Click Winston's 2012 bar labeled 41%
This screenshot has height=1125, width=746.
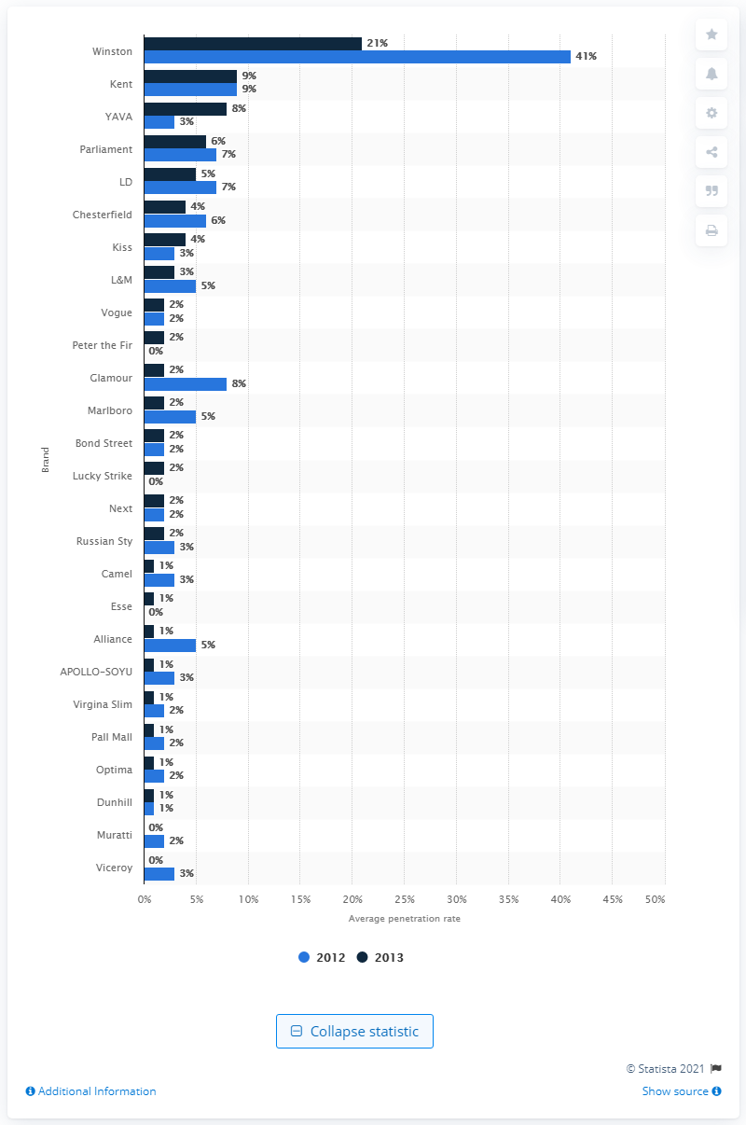coord(357,57)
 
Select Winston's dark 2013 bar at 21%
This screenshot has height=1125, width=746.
coord(253,43)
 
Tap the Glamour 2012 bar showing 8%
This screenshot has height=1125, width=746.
coord(185,383)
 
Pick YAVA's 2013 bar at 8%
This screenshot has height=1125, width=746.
coord(185,108)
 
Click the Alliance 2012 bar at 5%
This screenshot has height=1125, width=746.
coord(170,645)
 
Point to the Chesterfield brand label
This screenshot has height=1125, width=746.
coord(102,215)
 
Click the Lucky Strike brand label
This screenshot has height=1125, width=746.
coord(104,476)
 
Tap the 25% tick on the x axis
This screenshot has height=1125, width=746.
coord(405,898)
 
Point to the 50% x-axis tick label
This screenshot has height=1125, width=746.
coord(656,898)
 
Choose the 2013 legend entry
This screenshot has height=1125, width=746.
coord(380,957)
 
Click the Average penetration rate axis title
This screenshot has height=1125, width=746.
coord(404,919)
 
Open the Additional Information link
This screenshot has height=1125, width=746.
coord(90,1091)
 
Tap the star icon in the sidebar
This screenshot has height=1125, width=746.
coord(711,35)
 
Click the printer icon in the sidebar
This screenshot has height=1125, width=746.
coord(711,230)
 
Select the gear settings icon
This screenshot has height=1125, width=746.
coord(711,113)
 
